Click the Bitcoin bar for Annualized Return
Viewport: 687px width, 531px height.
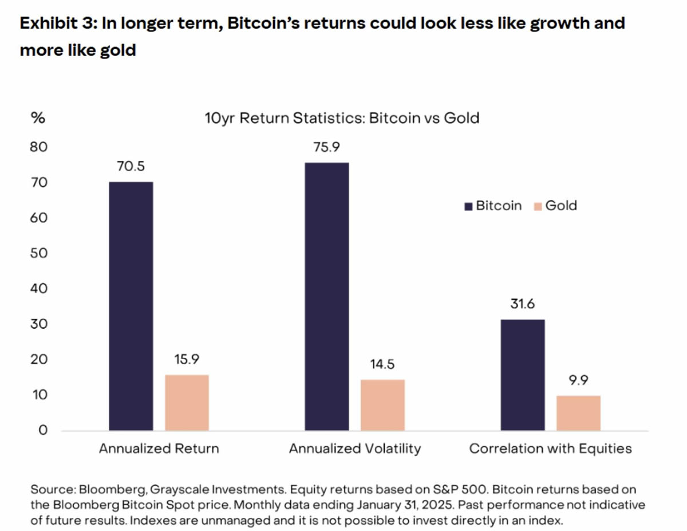131,306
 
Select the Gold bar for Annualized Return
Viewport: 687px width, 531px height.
187,402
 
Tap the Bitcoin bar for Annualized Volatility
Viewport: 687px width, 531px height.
326,296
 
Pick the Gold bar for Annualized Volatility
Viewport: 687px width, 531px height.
383,404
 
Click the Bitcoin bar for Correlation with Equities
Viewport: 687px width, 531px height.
523,375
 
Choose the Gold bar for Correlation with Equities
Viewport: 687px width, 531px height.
579,412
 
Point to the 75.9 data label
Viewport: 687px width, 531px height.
327,147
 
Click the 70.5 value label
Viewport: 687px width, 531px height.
131,167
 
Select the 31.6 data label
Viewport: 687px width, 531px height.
523,304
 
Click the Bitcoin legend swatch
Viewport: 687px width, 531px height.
468,206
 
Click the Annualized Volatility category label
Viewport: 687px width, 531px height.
354,449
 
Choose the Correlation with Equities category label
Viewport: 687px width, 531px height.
550,449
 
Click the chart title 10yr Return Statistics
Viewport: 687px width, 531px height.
342,119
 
